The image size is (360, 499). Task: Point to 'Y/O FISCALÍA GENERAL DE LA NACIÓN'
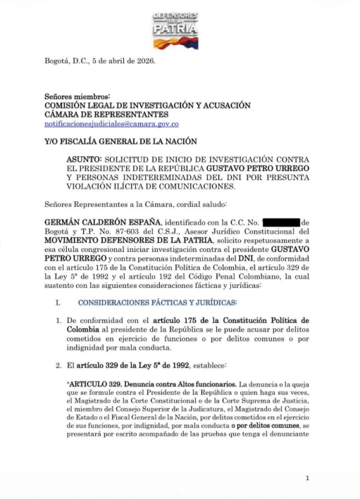coord(120,142)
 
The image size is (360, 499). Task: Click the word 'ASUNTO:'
coord(87,160)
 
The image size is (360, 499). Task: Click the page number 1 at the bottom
coord(308,479)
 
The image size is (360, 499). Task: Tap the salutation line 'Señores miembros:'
coord(77,95)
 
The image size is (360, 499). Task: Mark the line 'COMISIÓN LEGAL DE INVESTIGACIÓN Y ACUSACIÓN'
coord(147,105)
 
